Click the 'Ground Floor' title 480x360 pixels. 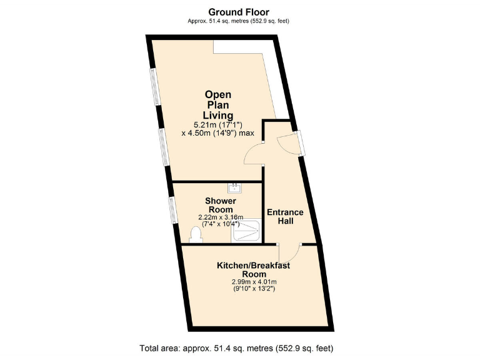(239, 12)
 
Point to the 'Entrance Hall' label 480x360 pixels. (285, 216)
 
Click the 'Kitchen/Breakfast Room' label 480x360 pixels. (254, 270)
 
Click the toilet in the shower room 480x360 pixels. (194, 235)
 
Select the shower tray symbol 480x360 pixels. (247, 232)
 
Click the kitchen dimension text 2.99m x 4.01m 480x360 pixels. (254, 282)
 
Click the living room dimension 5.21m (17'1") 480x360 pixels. (217, 125)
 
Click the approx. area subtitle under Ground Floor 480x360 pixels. (239, 21)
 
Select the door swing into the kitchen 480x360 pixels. (289, 253)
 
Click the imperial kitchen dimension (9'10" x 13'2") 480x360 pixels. (254, 289)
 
